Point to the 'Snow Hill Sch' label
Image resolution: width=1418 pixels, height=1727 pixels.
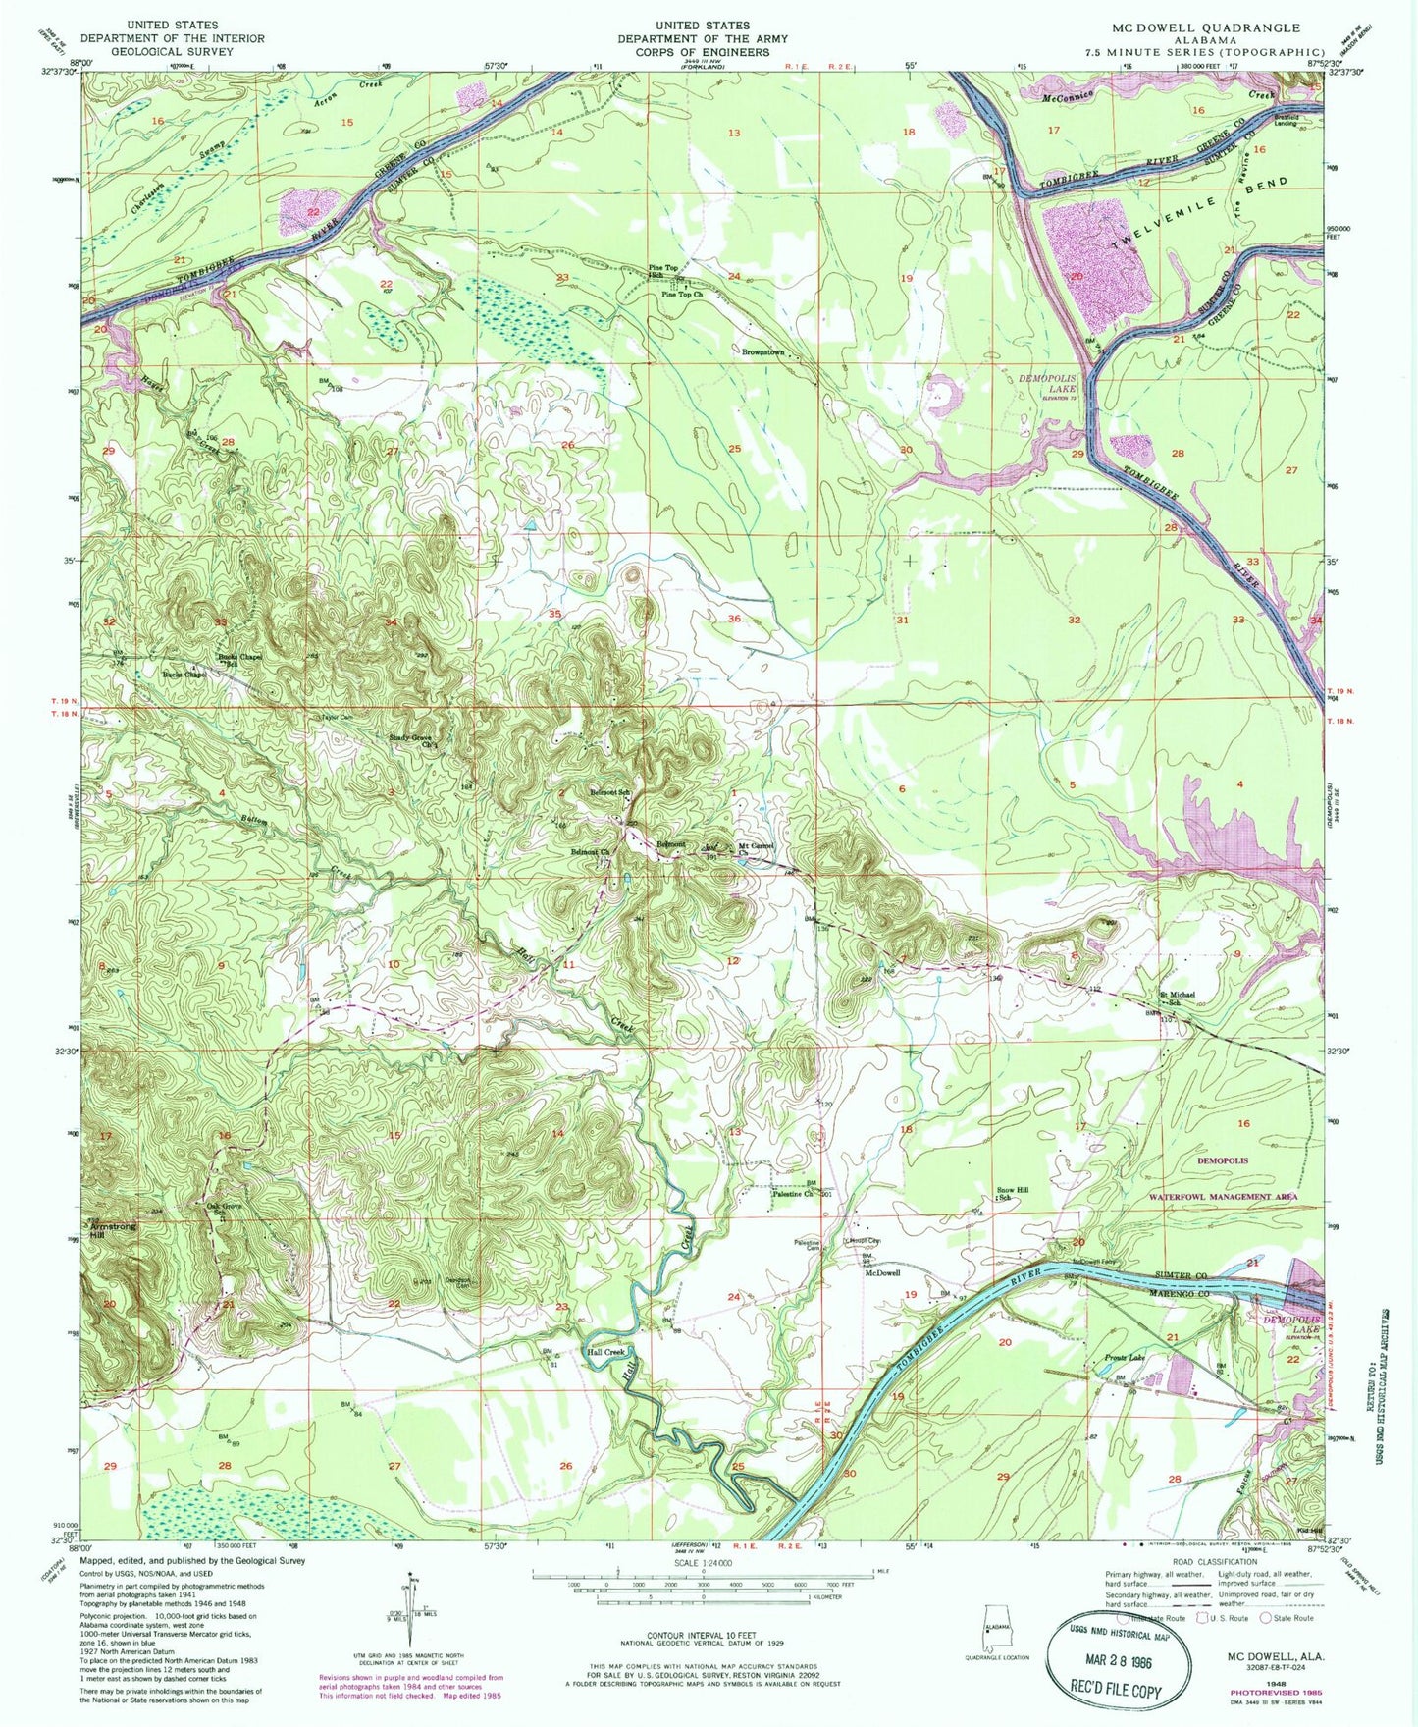[1014, 1193]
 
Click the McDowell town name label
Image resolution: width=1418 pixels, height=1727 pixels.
[882, 1273]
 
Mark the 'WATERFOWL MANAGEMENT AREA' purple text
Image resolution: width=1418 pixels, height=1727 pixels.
[1223, 1197]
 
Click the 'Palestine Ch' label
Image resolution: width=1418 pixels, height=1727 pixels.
[793, 1194]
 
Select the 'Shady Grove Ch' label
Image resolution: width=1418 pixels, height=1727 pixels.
[414, 741]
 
